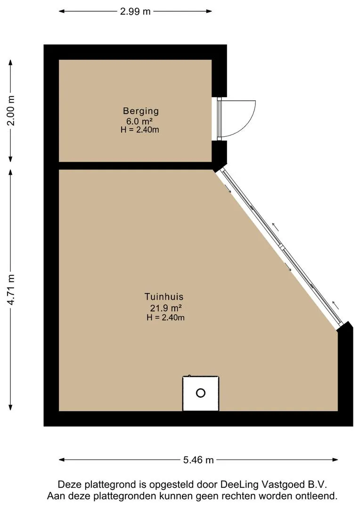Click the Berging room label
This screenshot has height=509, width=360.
(x=141, y=111)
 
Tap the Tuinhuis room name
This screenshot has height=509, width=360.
(x=164, y=297)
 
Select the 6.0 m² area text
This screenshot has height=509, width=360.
(x=140, y=121)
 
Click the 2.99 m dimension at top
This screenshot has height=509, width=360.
(x=135, y=12)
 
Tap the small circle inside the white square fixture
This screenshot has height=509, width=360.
(x=201, y=393)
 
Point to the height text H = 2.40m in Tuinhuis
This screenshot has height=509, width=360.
(x=165, y=318)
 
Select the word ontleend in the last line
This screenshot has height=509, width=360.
(x=319, y=496)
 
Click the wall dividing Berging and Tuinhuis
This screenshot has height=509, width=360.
(x=135, y=165)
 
